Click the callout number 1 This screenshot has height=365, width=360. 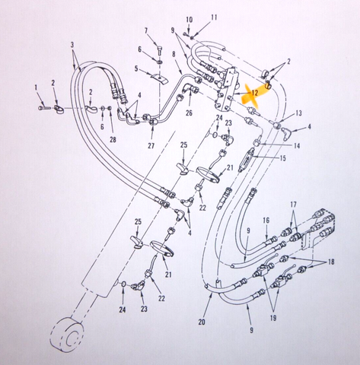(x=36, y=87)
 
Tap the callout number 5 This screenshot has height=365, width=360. (x=136, y=69)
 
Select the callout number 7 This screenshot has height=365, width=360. (x=146, y=30)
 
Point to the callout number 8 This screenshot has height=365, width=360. (x=174, y=54)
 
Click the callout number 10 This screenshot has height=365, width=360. (x=190, y=20)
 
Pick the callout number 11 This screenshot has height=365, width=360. (x=214, y=17)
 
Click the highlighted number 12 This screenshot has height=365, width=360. (x=254, y=93)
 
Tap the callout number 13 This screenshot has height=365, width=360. (x=299, y=113)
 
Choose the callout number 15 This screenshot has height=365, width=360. (x=282, y=158)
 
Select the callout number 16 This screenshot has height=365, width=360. (x=266, y=221)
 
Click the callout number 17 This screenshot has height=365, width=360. (x=293, y=205)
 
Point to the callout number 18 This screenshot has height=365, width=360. (x=331, y=262)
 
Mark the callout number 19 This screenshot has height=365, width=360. (x=273, y=318)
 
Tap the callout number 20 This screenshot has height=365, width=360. (x=202, y=322)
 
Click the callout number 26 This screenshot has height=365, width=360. (x=189, y=113)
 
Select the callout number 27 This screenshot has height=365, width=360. (x=151, y=146)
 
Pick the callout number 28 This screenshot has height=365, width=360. (x=113, y=139)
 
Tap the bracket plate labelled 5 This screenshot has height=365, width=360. (x=159, y=78)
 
